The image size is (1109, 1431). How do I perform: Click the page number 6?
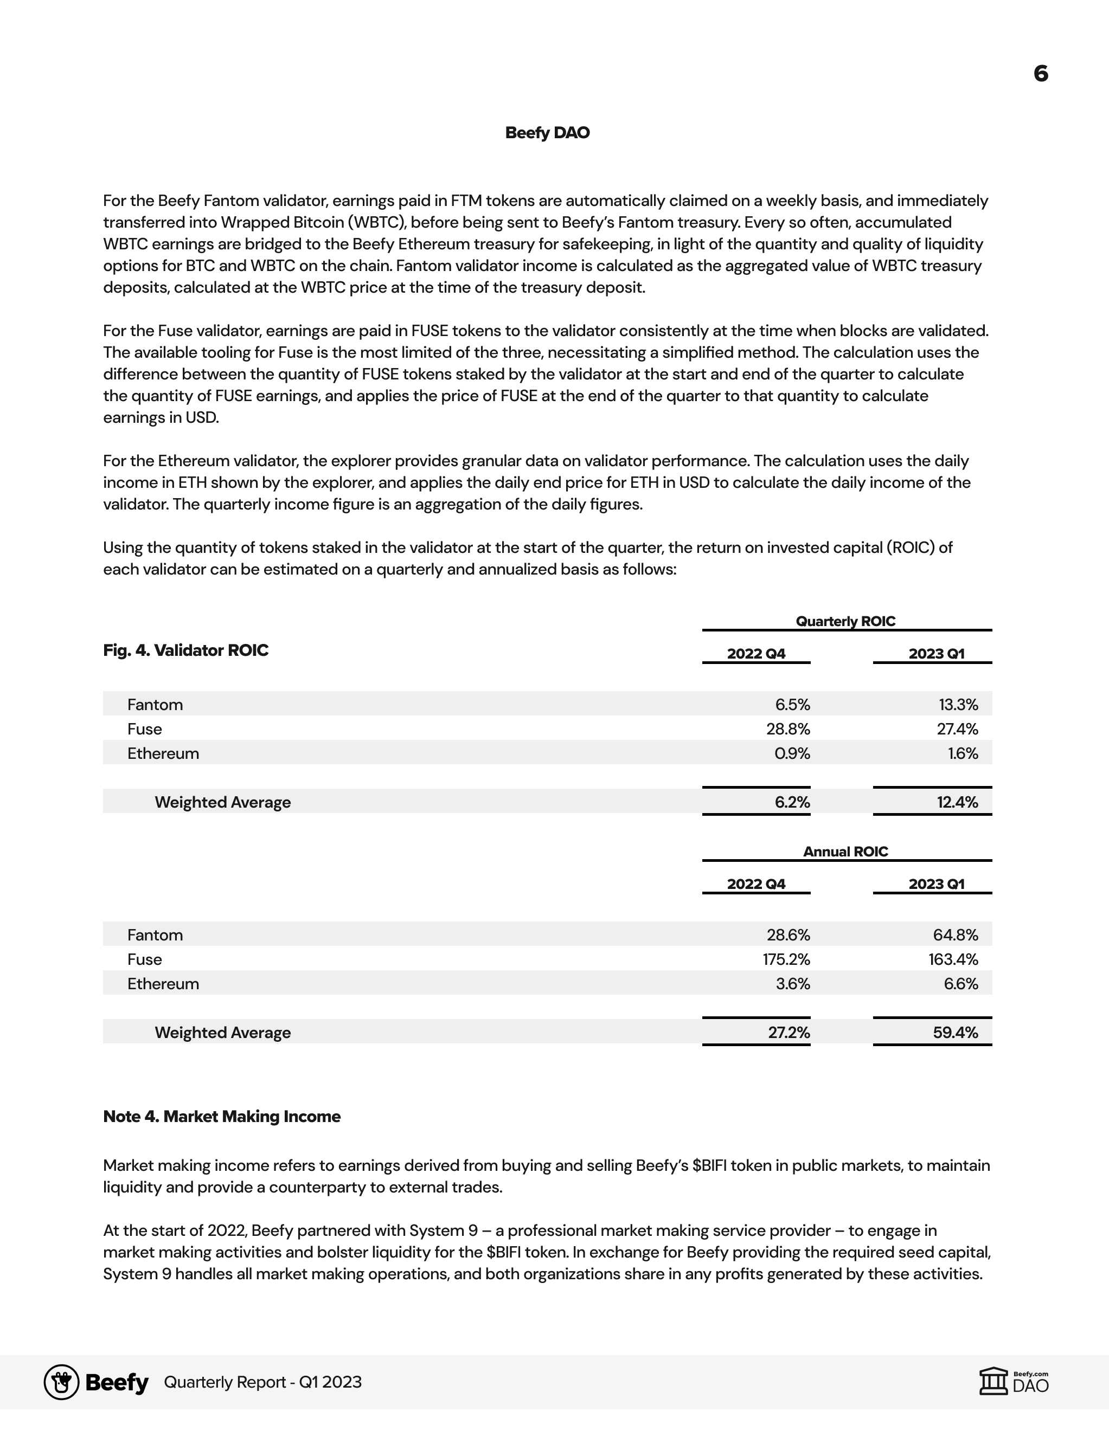click(x=1040, y=73)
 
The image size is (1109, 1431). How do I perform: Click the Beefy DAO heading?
click(x=547, y=132)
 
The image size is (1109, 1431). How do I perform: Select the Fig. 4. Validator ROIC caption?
click(x=185, y=650)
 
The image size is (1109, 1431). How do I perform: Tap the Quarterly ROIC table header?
click(x=845, y=621)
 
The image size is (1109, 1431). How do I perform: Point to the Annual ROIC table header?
click(x=845, y=851)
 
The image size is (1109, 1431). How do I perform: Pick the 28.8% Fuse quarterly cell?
click(x=788, y=729)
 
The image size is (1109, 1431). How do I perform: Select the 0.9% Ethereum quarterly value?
click(x=792, y=753)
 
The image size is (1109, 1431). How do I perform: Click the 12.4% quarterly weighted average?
click(x=957, y=802)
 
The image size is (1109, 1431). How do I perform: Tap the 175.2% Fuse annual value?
click(x=786, y=959)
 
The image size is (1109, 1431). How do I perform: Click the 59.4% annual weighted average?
click(x=955, y=1033)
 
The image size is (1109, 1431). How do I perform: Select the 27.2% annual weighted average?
click(x=789, y=1033)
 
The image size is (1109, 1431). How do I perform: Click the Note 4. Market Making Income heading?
click(x=222, y=1117)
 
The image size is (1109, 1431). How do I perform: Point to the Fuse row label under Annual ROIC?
click(x=144, y=959)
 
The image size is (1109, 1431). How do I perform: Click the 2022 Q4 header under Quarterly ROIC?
click(x=756, y=653)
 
